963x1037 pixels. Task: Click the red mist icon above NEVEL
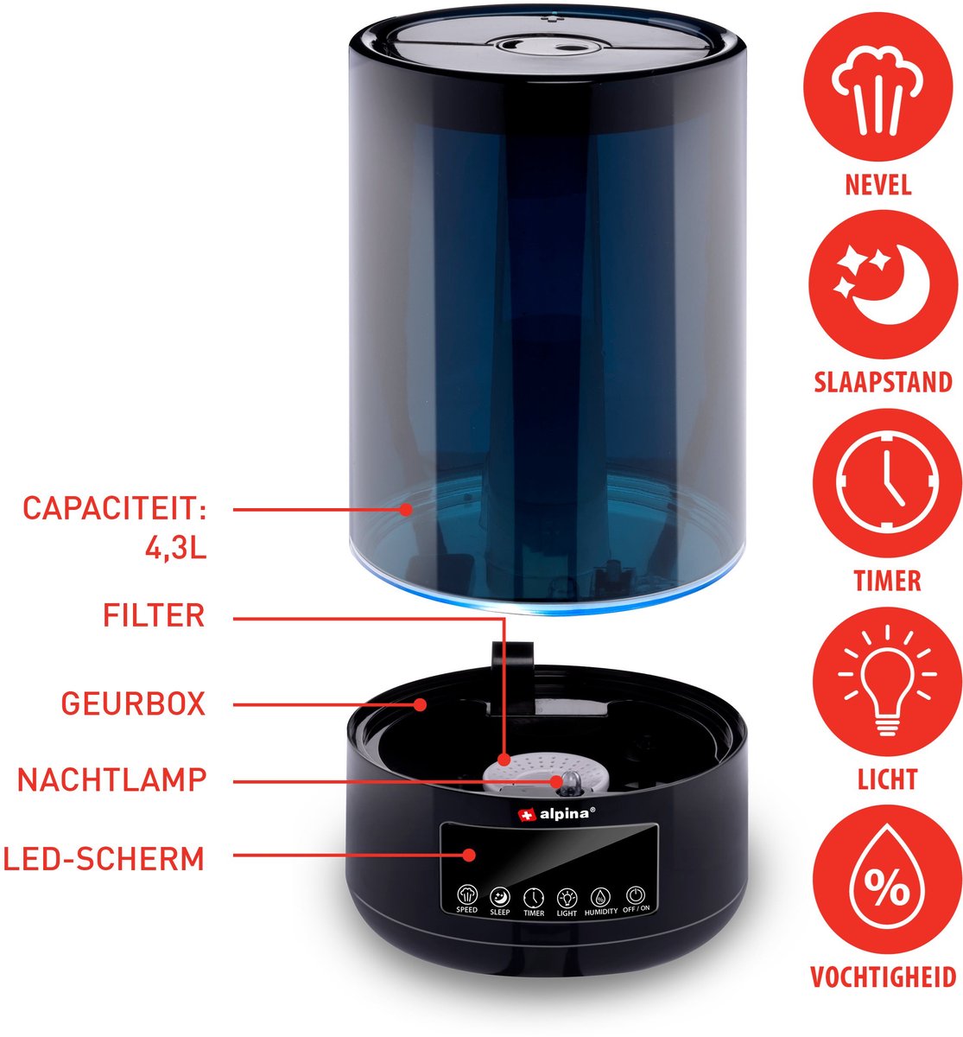(x=877, y=86)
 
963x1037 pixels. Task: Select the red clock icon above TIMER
(x=887, y=482)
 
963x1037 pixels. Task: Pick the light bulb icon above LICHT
(x=887, y=681)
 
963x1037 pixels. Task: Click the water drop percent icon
(x=887, y=880)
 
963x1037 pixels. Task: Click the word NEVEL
(x=878, y=186)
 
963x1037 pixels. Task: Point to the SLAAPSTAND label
(x=884, y=383)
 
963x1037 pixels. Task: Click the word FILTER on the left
(x=154, y=615)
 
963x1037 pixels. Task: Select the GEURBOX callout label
(x=134, y=704)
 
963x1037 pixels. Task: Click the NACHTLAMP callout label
(x=111, y=780)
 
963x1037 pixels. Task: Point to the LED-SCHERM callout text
(x=104, y=859)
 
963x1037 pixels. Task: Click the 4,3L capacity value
(x=176, y=548)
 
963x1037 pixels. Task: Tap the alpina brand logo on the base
(x=556, y=814)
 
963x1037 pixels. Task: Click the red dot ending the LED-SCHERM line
(x=469, y=856)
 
